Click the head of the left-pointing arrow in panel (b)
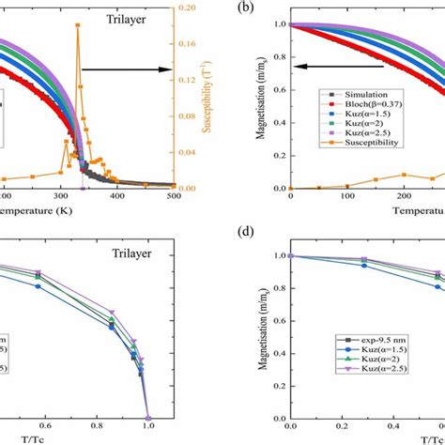pyautogui.click(x=296, y=68)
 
